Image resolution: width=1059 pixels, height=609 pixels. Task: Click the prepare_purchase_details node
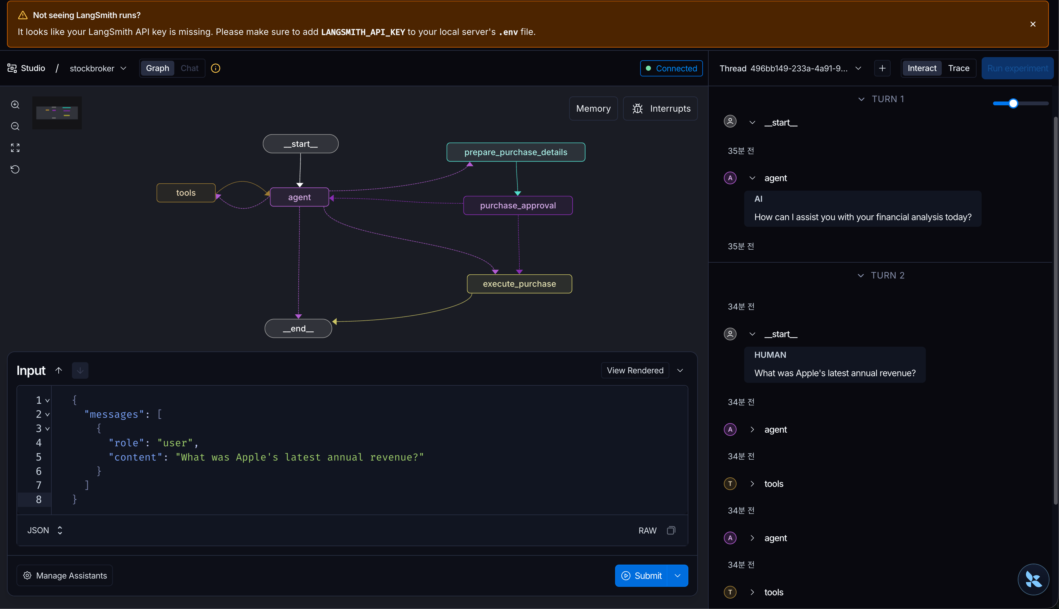pos(516,152)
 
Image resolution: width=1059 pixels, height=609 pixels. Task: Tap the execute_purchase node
pos(519,284)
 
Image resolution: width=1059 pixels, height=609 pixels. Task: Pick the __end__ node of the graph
pos(298,329)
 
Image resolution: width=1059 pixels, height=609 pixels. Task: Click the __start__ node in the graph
pos(301,144)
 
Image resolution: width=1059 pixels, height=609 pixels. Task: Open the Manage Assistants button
pos(65,576)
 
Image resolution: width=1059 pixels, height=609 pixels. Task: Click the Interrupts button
pos(660,109)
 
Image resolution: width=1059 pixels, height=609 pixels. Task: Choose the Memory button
pos(593,109)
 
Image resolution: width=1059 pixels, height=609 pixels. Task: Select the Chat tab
pos(189,68)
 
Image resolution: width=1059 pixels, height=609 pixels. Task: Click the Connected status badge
pos(672,69)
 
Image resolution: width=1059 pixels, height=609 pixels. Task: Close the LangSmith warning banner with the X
pos(1033,24)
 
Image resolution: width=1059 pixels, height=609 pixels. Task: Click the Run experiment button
pos(1017,68)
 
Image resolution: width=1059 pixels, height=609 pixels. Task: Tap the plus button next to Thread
pos(882,69)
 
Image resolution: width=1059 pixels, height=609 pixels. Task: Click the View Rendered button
pos(635,370)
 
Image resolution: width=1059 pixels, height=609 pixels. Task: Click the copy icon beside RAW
pos(671,530)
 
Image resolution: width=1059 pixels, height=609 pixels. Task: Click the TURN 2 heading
pos(887,275)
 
